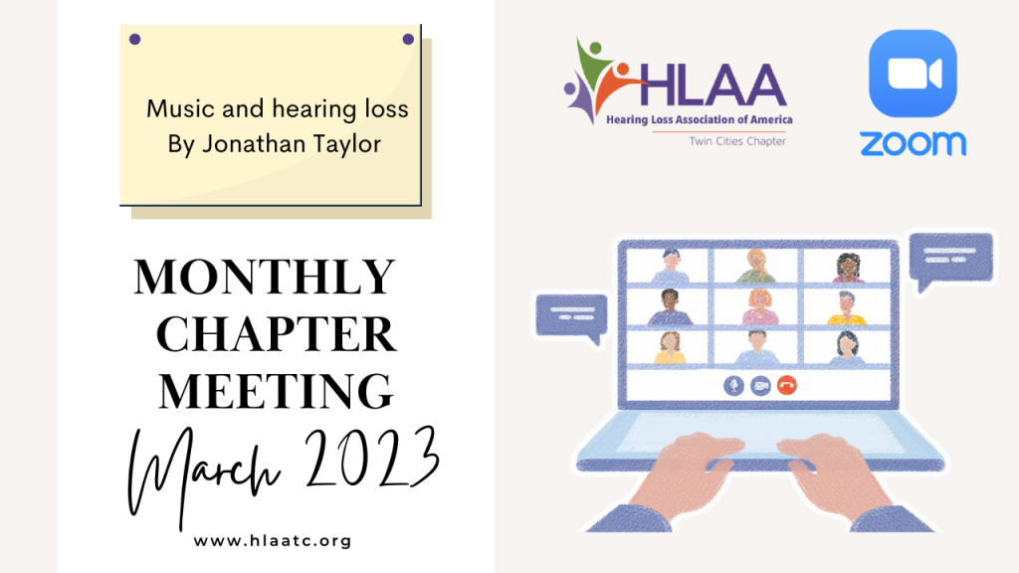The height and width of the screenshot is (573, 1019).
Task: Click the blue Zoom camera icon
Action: coord(913,74)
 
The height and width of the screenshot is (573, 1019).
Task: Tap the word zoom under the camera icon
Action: coord(914,143)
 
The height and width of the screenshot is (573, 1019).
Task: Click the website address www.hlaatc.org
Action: coord(273,540)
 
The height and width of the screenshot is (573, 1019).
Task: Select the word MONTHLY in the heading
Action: coord(265,278)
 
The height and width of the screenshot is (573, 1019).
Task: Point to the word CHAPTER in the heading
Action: coord(277,334)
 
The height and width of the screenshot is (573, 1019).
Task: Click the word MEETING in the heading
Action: coord(277,391)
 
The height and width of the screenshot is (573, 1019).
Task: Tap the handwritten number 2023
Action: coord(372,458)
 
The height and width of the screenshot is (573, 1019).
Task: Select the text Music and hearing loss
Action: coord(278,109)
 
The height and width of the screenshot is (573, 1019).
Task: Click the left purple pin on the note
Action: coord(135,39)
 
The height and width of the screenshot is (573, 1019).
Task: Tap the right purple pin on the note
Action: coord(408,39)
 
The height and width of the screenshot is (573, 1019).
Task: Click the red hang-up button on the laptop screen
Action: coord(787,386)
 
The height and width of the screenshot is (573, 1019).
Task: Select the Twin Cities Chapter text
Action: coord(737,141)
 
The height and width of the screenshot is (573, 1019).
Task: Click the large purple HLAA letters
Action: coord(713,85)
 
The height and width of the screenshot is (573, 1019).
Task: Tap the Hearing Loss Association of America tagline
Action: coord(700,119)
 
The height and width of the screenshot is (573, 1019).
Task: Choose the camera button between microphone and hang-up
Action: coord(760,386)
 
